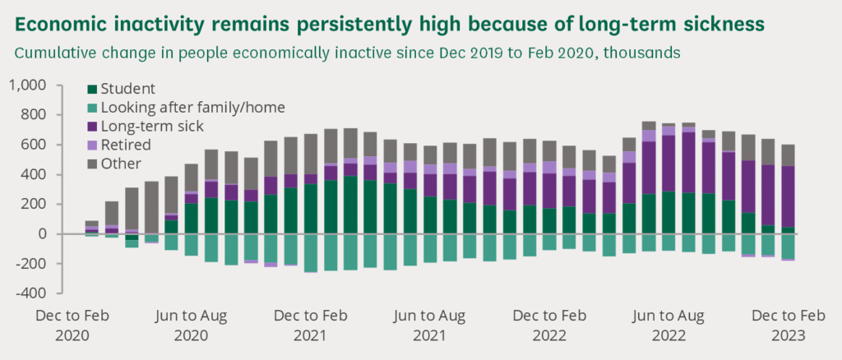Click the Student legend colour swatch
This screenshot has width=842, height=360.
[92, 89]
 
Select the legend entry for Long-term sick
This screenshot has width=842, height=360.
[146, 126]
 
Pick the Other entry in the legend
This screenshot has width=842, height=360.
[118, 164]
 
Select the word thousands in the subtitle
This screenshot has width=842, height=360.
[650, 53]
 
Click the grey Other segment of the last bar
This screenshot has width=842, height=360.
[786, 155]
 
